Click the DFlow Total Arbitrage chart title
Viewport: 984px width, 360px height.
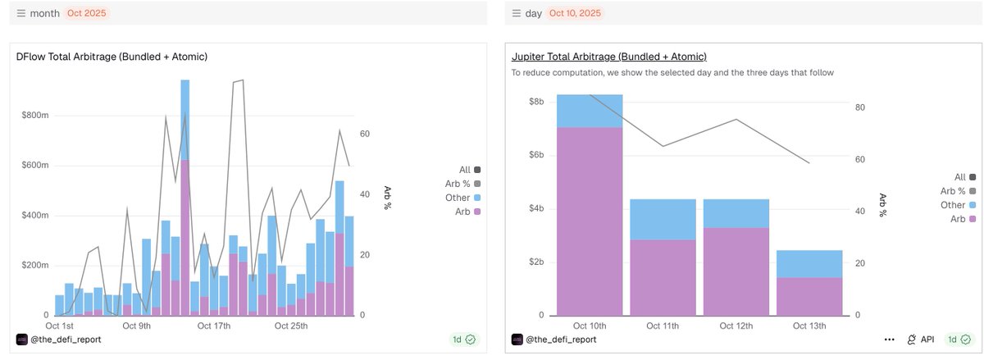pos(112,57)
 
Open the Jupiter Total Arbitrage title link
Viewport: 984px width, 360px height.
pos(608,57)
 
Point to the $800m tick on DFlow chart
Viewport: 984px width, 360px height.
pos(35,116)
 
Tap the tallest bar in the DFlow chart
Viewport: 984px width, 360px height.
pos(185,197)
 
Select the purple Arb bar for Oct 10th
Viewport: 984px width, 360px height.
pos(590,221)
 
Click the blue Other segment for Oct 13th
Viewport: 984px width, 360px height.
pos(809,264)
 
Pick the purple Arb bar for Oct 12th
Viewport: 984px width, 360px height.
pos(736,271)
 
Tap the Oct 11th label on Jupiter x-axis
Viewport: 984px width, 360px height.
pos(663,326)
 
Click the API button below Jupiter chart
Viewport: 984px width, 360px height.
pos(922,339)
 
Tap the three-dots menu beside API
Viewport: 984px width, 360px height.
pos(890,339)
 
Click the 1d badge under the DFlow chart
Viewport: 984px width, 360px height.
pos(464,339)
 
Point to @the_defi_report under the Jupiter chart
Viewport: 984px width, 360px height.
pos(561,339)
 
